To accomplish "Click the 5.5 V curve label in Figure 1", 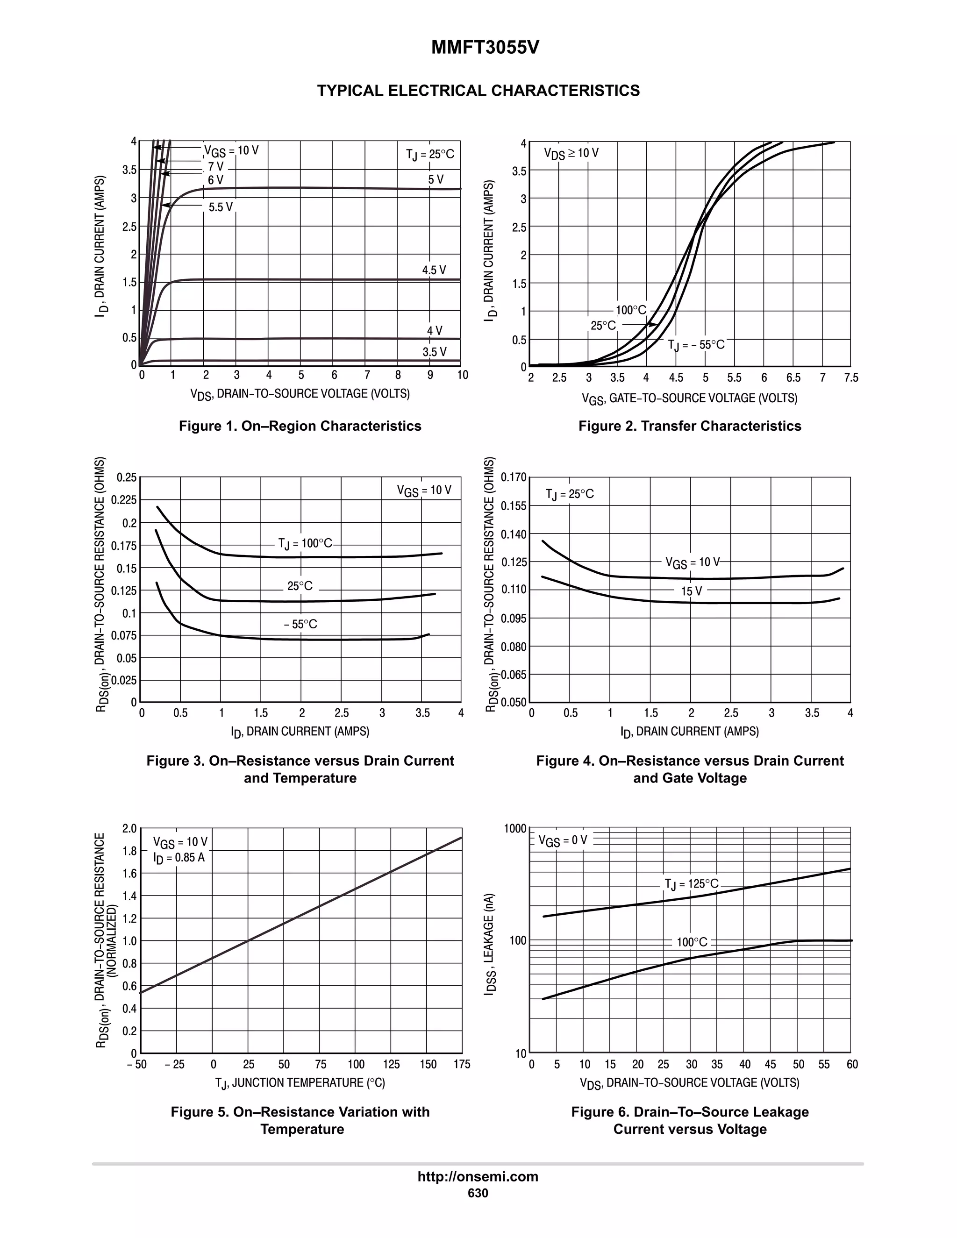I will tap(221, 207).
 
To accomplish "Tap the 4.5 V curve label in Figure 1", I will tap(434, 270).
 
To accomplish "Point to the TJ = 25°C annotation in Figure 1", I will tap(430, 154).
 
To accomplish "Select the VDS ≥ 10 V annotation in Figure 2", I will tap(571, 153).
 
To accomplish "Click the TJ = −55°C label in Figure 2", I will tap(696, 345).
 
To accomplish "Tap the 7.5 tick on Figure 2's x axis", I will tap(850, 378).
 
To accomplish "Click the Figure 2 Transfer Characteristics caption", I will tap(689, 426).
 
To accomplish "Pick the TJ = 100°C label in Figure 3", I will tap(305, 544).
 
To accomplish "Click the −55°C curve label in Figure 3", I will tap(300, 625).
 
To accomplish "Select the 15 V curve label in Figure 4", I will tap(691, 591).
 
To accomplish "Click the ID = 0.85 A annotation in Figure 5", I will tap(179, 858).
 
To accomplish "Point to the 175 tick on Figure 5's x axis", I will tap(462, 1065).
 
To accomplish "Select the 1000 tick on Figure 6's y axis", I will tap(515, 829).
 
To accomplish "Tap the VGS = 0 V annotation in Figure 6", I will tap(563, 840).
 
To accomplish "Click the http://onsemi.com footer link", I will tap(478, 1177).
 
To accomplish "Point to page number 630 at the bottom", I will tap(478, 1193).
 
